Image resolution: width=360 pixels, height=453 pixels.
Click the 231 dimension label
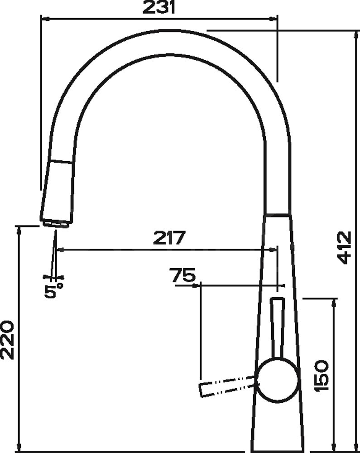point(158,7)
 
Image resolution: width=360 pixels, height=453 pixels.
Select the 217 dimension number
point(168,238)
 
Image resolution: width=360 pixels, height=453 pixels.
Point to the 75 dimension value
point(182,275)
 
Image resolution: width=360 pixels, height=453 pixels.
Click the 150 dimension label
point(322,375)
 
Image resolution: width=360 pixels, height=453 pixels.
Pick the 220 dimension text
point(7,340)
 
